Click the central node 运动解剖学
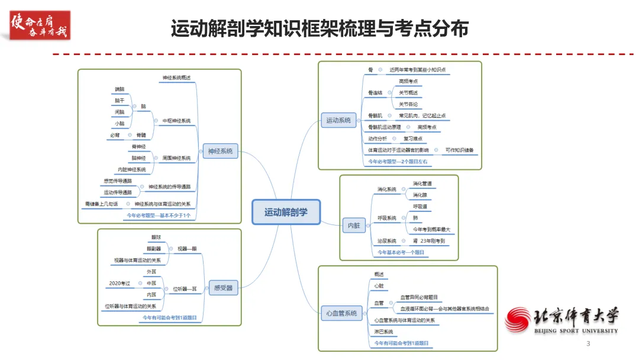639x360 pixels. pos(286,212)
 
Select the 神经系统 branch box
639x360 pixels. pos(220,151)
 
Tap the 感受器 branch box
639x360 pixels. pos(223,288)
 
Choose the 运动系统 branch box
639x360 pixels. pos(338,120)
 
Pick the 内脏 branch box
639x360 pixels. pos(354,226)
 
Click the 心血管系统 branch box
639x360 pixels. pos(342,313)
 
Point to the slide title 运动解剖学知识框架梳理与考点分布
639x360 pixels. pos(319,28)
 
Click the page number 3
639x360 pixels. pos(588,344)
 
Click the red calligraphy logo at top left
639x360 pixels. pos(40,25)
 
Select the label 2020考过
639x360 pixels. pos(120,284)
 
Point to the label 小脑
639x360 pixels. pos(120,124)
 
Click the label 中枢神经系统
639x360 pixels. pos(176,121)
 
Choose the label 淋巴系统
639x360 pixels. pos(383,332)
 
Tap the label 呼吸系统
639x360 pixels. pos(387,218)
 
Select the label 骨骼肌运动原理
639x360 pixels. pos(385,127)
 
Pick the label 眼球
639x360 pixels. pos(156,237)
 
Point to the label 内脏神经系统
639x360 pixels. pos(131,169)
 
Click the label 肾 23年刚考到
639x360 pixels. pos(433,241)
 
